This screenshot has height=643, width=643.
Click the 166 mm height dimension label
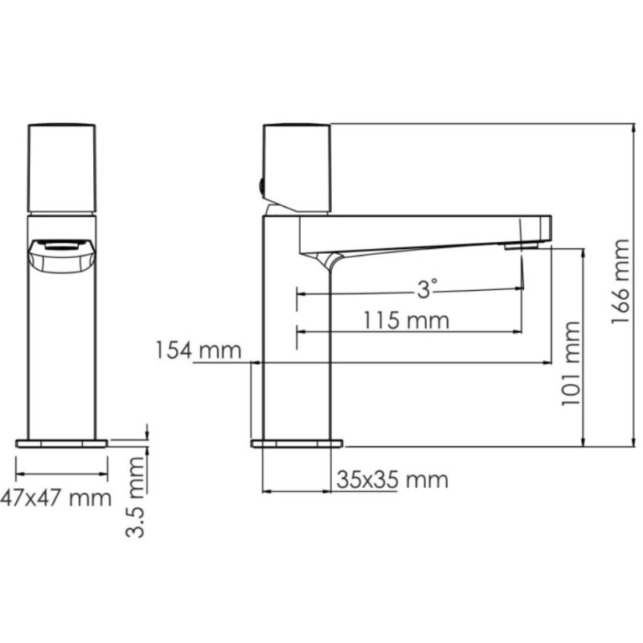click(620, 281)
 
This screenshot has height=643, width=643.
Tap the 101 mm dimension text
click(571, 364)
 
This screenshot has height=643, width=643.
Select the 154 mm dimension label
click(199, 351)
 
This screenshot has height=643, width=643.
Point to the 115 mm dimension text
click(407, 320)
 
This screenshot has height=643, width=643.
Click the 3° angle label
click(427, 289)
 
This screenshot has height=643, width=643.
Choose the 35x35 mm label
click(392, 479)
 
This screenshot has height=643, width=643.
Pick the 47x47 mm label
click(55, 498)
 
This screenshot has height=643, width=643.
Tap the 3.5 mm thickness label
click(135, 497)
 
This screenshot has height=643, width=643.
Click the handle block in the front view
click(62, 169)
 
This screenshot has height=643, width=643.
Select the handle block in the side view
click(297, 168)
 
